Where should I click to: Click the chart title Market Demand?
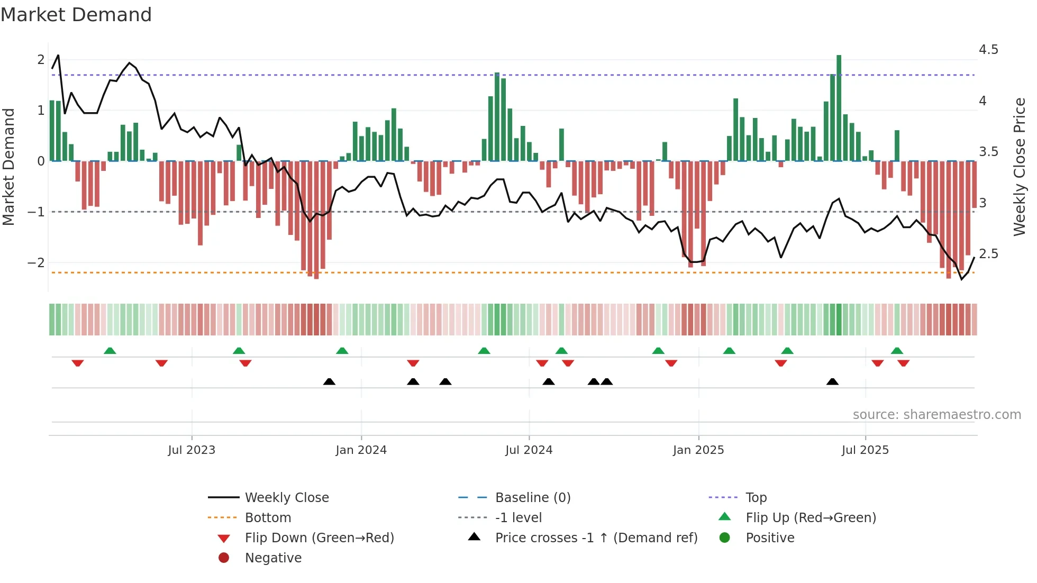click(x=76, y=15)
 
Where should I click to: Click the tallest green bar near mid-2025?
click(x=839, y=106)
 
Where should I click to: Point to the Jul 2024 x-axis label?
click(x=529, y=450)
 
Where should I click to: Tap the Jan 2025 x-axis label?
click(x=698, y=450)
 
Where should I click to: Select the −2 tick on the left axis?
click(x=36, y=263)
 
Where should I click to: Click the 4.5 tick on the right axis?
click(x=988, y=50)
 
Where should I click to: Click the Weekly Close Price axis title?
click(x=1019, y=167)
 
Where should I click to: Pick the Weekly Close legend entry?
click(x=286, y=498)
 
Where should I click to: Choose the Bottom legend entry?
click(x=268, y=518)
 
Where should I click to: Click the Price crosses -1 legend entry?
click(x=596, y=538)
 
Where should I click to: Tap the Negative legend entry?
click(x=273, y=558)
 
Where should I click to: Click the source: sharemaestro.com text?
click(x=936, y=415)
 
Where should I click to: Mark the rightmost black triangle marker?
click(x=832, y=381)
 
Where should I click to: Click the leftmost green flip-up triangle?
click(x=110, y=351)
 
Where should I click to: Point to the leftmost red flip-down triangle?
click(x=78, y=363)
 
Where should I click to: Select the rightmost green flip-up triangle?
click(x=897, y=351)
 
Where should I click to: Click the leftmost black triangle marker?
click(x=329, y=381)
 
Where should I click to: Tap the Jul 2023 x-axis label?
click(x=192, y=450)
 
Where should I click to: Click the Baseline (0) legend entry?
click(x=532, y=498)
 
